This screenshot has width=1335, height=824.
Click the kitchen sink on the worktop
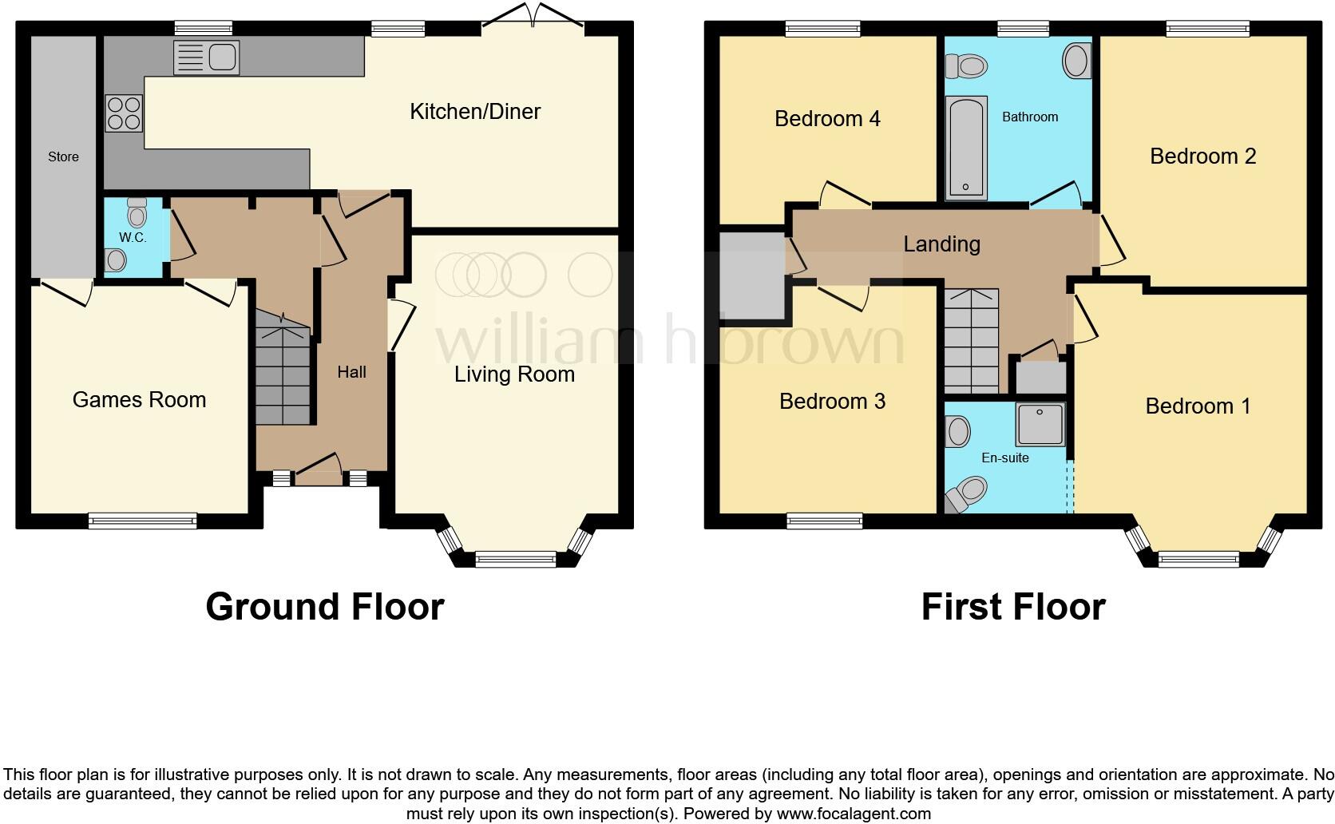206,57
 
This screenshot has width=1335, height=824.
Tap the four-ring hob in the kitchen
124,113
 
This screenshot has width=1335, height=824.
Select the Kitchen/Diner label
475,112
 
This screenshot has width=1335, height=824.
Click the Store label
63,157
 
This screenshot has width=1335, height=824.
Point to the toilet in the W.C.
137,213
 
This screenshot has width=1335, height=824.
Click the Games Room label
139,400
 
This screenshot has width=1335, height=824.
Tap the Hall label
351,372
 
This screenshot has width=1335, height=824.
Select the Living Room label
514,374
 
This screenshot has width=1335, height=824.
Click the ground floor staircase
283,374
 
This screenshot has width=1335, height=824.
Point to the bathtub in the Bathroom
966,148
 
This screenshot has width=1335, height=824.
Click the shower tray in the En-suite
1040,424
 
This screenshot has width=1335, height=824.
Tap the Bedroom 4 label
827,119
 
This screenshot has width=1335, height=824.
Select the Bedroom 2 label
1202,156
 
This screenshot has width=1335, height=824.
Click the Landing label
941,244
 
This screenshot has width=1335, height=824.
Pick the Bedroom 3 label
832,402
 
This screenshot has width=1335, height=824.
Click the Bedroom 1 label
1198,406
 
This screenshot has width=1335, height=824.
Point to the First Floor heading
1012,607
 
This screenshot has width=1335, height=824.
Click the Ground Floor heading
324,607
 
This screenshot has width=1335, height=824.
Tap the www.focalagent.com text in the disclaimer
853,814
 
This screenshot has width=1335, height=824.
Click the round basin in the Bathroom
1076,61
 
